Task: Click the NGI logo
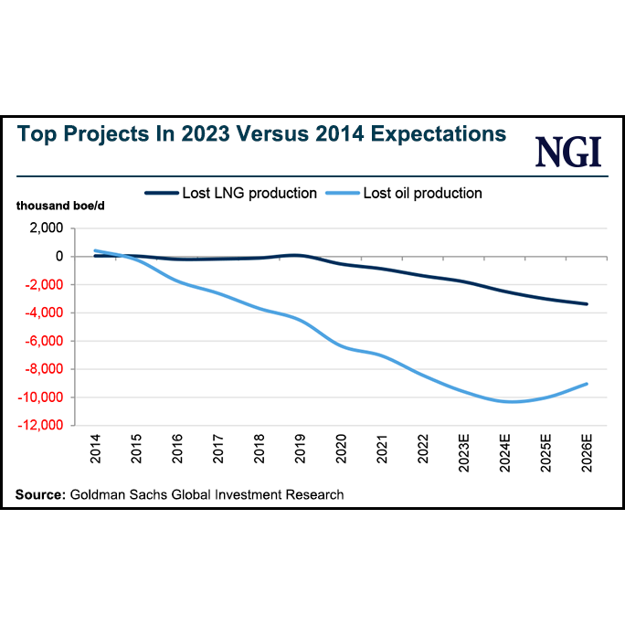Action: pyautogui.click(x=569, y=151)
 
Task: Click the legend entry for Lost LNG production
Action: pyautogui.click(x=230, y=193)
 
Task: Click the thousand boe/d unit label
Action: pyautogui.click(x=58, y=207)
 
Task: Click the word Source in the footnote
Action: pyautogui.click(x=39, y=494)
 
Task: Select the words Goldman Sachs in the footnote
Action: pyautogui.click(x=111, y=494)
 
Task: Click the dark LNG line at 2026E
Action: pyautogui.click(x=587, y=304)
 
